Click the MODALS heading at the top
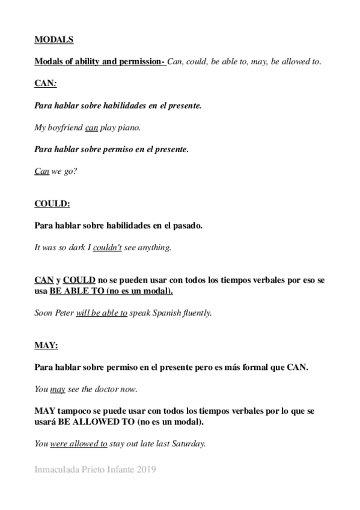tap(54, 40)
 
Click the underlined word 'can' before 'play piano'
tap(91, 127)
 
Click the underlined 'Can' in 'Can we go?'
tap(41, 171)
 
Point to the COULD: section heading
tap(52, 204)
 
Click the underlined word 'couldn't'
tap(108, 247)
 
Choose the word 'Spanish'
tap(166, 313)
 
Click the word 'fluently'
tap(198, 313)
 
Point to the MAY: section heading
tap(46, 345)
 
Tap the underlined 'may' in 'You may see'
tap(58, 389)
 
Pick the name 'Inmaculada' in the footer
tap(57, 470)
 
